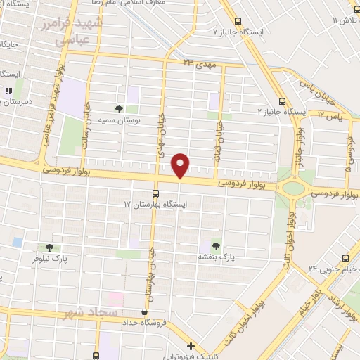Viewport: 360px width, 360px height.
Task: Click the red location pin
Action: point(181,165)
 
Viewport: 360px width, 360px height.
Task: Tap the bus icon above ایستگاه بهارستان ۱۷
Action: point(155,193)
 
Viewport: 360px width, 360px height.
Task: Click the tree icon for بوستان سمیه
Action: point(119,109)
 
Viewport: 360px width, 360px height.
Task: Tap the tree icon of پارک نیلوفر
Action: point(49,247)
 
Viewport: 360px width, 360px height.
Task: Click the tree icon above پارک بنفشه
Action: point(215,245)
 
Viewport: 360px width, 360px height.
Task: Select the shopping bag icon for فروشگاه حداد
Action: point(144,311)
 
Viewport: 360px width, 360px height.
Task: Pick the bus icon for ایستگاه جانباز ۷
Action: point(238,21)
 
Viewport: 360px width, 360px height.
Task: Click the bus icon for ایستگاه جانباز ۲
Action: point(282,101)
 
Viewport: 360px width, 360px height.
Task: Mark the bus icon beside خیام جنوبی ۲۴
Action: point(345,259)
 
